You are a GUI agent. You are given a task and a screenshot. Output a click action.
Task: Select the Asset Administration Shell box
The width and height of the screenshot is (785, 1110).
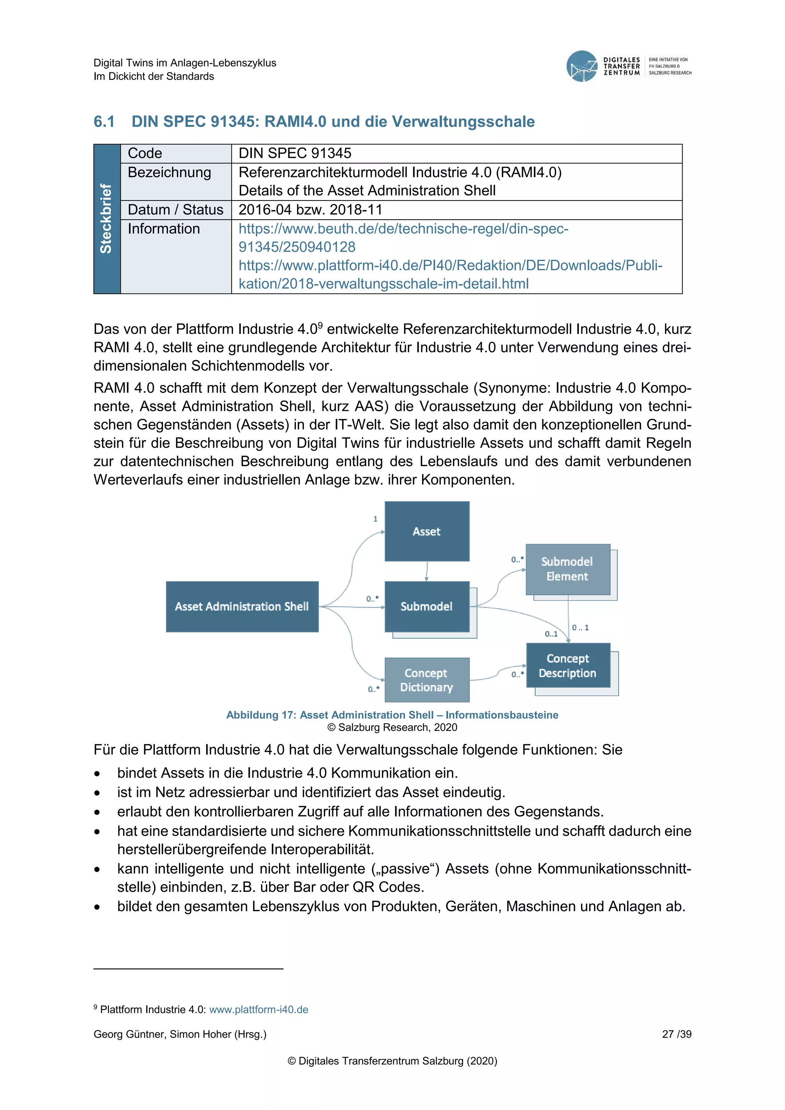[242, 606]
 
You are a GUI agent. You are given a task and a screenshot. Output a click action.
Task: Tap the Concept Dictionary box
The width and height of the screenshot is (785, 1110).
[426, 680]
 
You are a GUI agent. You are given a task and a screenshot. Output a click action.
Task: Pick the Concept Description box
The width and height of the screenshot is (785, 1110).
[568, 665]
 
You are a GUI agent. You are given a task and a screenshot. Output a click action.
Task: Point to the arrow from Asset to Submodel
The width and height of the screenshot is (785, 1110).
[426, 571]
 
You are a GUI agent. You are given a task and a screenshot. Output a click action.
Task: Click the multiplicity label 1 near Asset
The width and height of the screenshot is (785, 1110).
[375, 519]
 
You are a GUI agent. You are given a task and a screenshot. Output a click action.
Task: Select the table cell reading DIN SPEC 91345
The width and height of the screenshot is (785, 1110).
[295, 153]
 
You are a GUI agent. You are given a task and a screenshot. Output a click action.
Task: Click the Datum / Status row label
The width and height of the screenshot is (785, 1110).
[176, 210]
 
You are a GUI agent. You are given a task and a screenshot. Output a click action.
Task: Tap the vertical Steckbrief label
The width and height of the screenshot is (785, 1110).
[106, 218]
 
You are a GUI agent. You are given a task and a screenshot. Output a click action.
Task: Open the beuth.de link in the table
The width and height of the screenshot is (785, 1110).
[403, 229]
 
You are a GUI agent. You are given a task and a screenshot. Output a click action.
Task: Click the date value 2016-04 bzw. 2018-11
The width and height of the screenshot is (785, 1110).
[310, 210]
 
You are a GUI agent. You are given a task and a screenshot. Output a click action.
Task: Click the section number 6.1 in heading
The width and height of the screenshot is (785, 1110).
[104, 122]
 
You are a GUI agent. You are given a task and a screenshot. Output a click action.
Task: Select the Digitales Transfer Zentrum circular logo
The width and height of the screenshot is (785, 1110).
[581, 66]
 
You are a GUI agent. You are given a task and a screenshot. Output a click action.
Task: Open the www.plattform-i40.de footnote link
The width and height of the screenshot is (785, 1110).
[259, 1010]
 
